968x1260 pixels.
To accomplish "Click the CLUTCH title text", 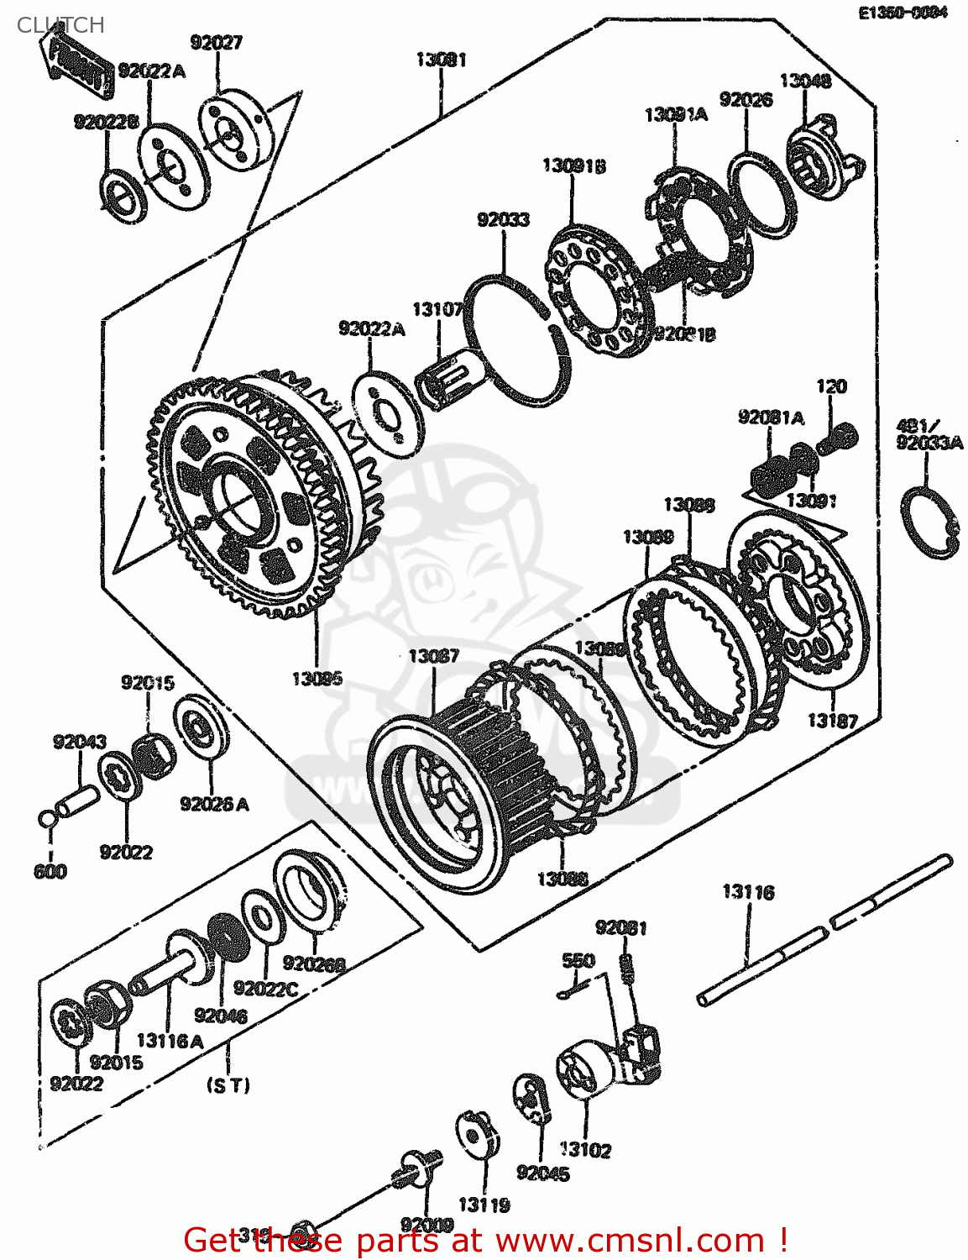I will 60,25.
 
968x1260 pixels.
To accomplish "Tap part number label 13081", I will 441,60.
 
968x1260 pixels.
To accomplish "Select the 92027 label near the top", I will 216,43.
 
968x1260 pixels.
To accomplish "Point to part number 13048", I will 805,81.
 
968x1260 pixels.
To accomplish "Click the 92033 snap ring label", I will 503,220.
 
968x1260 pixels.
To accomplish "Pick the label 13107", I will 437,310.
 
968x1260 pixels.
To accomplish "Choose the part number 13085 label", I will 317,678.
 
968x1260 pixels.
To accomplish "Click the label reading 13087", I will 433,656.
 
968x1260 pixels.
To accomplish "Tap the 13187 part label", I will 832,720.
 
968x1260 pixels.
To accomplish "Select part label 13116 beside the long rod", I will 748,892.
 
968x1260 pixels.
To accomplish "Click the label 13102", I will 585,1150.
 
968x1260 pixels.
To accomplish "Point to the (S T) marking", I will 228,1085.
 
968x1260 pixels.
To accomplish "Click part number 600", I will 50,872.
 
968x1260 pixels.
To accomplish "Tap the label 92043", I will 80,742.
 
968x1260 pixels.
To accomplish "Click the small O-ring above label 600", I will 48,817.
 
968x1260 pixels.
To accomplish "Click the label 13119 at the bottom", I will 484,1205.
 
